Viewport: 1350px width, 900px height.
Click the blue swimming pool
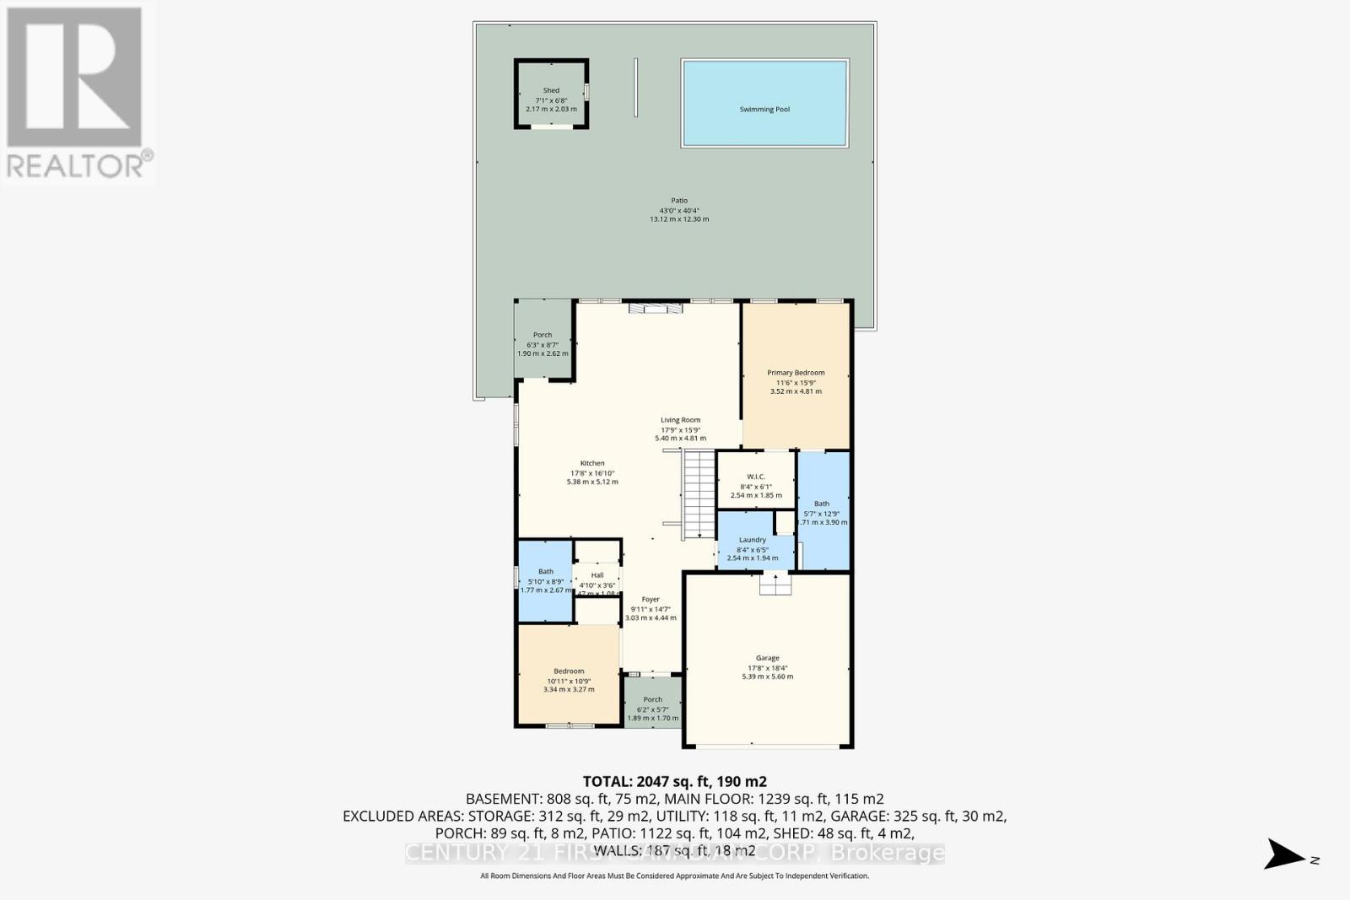click(x=764, y=103)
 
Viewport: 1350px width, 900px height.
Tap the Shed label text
click(x=551, y=90)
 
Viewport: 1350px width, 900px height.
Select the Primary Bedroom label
click(x=796, y=373)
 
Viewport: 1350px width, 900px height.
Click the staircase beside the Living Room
click(x=698, y=494)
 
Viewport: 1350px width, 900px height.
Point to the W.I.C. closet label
click(x=755, y=477)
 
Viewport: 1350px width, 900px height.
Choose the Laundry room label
click(x=752, y=540)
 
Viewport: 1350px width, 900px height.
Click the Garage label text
click(x=767, y=658)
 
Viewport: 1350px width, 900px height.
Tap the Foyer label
click(x=650, y=600)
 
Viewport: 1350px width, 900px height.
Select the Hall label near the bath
click(x=597, y=575)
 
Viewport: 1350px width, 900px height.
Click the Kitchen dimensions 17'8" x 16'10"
click(x=592, y=473)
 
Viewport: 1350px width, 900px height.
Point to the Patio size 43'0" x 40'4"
click(x=679, y=210)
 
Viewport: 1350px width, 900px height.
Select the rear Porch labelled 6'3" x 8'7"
click(x=543, y=344)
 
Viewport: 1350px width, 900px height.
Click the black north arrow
click(x=1283, y=854)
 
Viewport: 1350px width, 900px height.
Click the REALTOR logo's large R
click(x=74, y=78)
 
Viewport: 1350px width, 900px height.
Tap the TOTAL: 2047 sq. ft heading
click(x=674, y=781)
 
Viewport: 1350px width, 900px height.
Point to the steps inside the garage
click(x=775, y=584)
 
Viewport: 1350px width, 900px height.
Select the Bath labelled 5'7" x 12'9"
click(x=821, y=513)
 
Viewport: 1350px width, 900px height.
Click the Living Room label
click(x=680, y=420)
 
